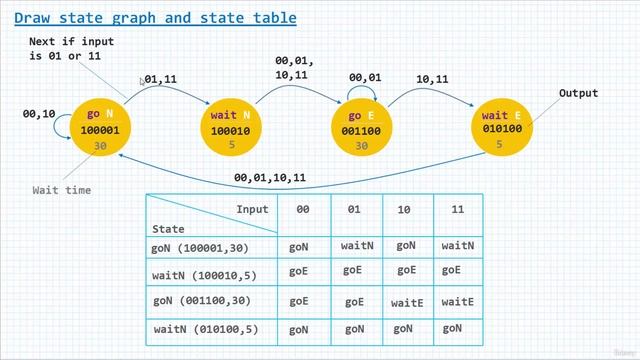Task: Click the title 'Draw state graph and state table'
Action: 155,17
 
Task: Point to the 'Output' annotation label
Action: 578,94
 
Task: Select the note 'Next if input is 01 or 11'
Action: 71,49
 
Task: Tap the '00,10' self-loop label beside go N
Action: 39,114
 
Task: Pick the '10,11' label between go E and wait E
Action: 432,78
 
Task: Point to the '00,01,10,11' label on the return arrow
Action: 270,178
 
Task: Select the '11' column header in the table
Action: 457,210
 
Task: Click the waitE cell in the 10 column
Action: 407,302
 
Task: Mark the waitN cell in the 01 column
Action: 357,244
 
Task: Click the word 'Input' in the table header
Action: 252,209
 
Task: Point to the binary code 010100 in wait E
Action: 499,129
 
